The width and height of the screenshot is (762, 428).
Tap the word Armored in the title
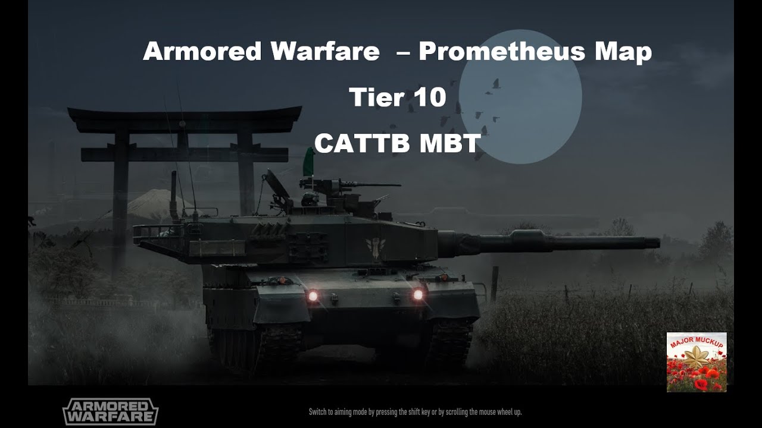tap(202, 52)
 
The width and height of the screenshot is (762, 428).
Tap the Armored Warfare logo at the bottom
tap(111, 411)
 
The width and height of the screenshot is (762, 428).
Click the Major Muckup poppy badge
tap(697, 362)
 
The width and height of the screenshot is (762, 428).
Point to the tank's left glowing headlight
tap(312, 295)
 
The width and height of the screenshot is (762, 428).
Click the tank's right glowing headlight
tap(418, 294)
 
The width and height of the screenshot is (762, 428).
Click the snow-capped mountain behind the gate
tap(149, 202)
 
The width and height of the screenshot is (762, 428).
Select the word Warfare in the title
tap(324, 52)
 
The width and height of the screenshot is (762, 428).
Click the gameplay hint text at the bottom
tap(415, 411)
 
